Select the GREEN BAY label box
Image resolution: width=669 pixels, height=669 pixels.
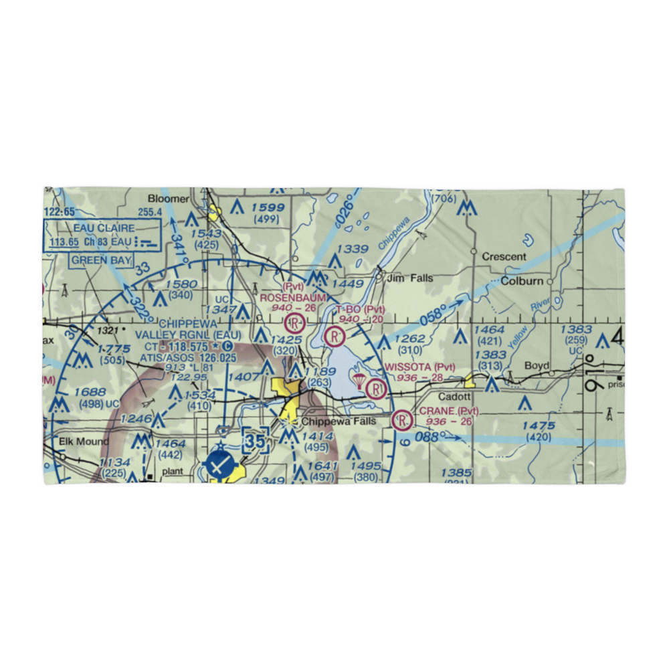coord(102,260)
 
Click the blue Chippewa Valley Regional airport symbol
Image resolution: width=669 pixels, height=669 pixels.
coord(221,464)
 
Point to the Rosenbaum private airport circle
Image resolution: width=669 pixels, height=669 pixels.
coord(293,324)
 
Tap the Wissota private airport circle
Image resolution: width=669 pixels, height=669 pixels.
coord(377,388)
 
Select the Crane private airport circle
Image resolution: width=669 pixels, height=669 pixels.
coord(402,420)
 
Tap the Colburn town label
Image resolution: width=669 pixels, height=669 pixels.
coord(522,281)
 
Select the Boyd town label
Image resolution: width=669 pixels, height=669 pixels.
coord(537,365)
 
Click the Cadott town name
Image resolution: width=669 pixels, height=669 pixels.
coord(456,397)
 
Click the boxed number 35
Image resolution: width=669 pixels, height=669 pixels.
coord(255,441)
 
